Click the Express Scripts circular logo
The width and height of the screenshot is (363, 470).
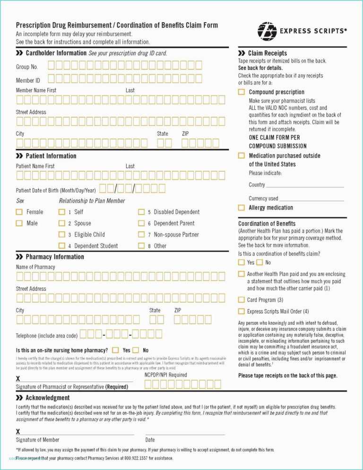click(x=267, y=31)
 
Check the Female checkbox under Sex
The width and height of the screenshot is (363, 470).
click(x=19, y=212)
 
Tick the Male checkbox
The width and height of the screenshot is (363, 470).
click(x=19, y=223)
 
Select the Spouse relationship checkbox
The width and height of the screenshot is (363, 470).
click(x=62, y=223)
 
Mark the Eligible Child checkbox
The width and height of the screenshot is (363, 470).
click(x=62, y=235)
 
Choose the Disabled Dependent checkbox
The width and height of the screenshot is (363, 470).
click(x=141, y=212)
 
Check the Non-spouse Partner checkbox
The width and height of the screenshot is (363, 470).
click(x=141, y=235)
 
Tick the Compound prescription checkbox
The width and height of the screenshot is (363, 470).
click(x=242, y=92)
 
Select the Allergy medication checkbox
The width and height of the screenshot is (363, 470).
click(x=242, y=208)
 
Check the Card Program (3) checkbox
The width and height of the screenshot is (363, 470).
click(x=242, y=300)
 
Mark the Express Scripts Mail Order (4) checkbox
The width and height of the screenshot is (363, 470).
click(x=242, y=311)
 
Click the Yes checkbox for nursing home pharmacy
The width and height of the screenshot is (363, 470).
click(x=115, y=350)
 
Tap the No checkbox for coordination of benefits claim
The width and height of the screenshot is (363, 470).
click(x=259, y=262)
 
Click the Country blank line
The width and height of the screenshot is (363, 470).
click(x=305, y=185)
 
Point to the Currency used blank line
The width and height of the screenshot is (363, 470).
click(x=311, y=199)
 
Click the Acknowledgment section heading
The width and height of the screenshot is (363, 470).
click(x=47, y=398)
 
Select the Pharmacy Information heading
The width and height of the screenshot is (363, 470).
click(x=54, y=257)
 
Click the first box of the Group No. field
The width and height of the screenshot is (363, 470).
click(x=51, y=66)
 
